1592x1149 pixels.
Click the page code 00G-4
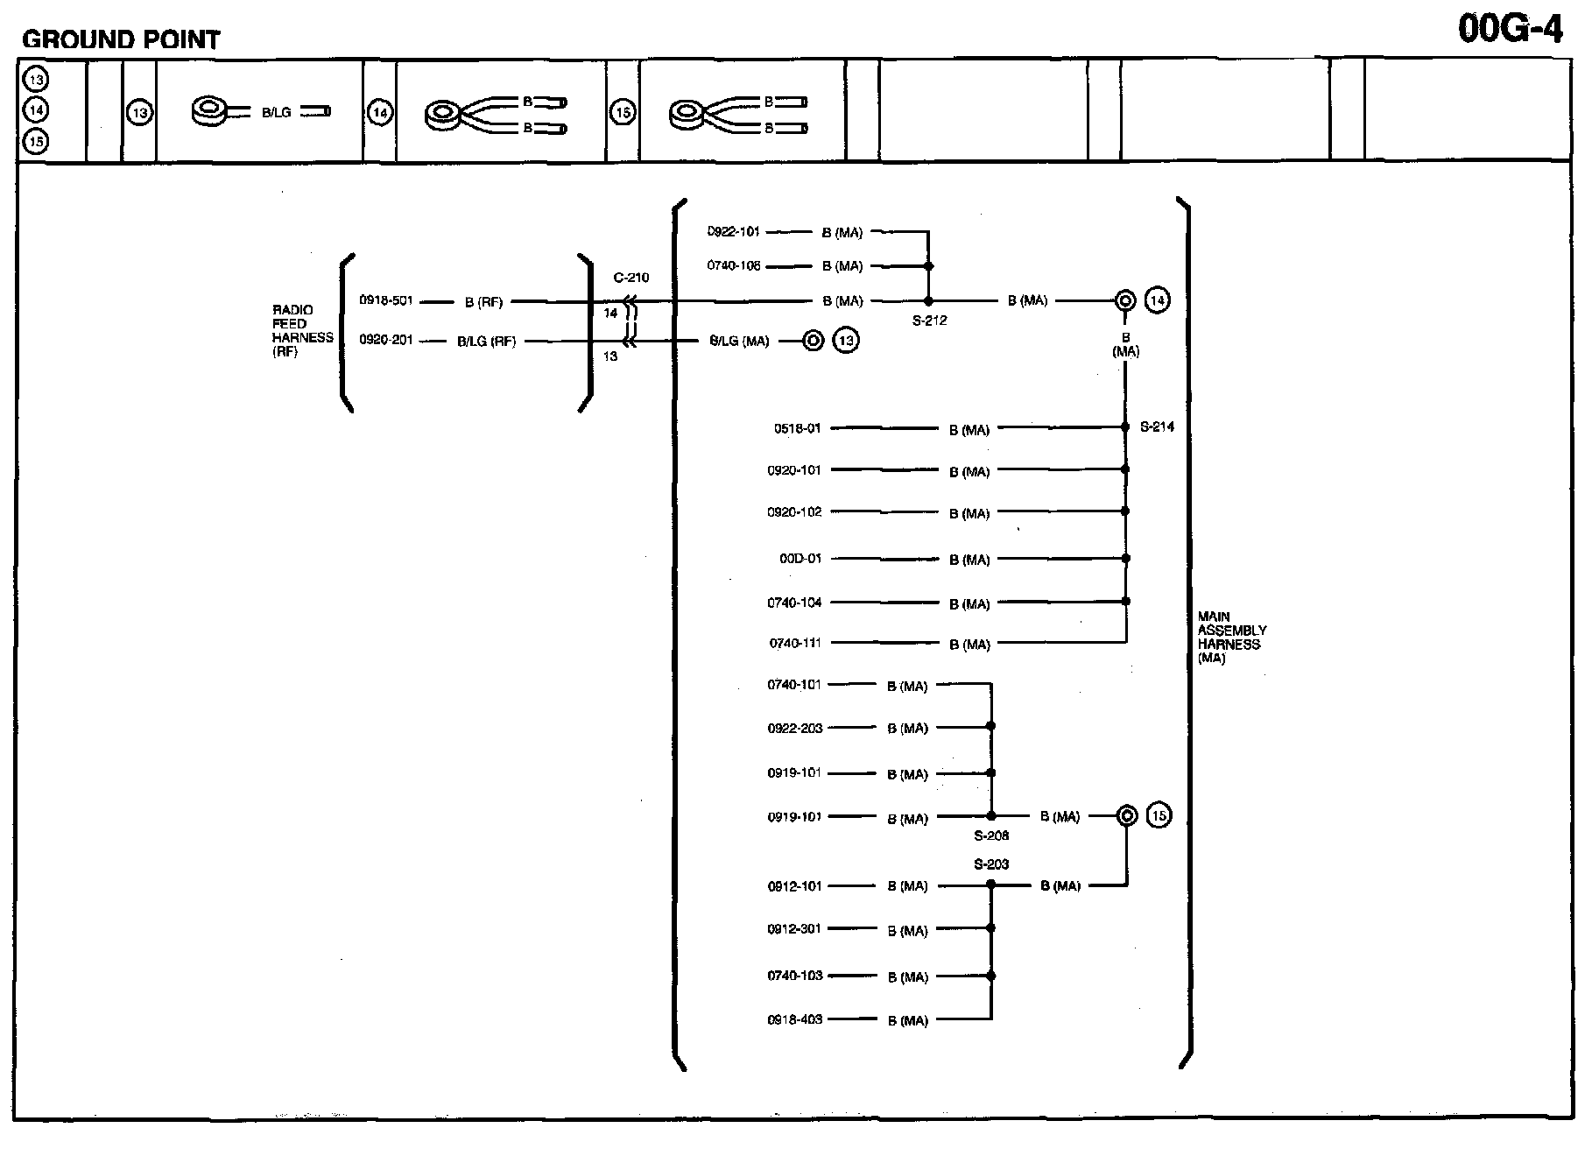coord(1510,29)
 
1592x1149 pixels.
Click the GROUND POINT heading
coord(121,39)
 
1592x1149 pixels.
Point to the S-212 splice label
coord(929,321)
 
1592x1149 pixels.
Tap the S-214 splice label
coord(1157,427)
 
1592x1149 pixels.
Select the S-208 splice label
coord(991,835)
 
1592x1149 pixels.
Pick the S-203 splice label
coord(991,864)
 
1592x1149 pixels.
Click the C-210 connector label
coord(630,278)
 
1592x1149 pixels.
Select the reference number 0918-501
coord(385,300)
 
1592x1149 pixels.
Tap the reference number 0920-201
coord(385,341)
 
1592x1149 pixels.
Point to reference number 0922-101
coord(734,232)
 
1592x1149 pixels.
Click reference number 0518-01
coord(797,428)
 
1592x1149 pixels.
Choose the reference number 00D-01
coord(800,558)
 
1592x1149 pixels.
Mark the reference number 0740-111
coord(795,643)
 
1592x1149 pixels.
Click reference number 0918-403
coord(795,1019)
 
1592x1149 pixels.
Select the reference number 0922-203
coord(795,728)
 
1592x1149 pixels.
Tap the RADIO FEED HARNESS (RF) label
coord(302,331)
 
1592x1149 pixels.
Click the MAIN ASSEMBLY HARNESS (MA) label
coord(1231,638)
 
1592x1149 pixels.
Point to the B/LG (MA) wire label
coord(739,342)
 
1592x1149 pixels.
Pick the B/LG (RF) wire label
coord(486,342)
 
